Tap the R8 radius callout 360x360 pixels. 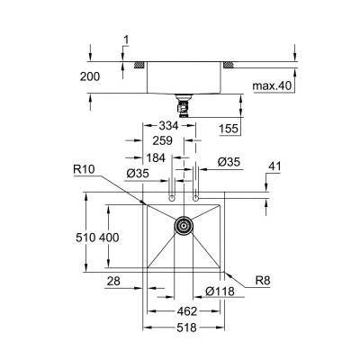(261, 282)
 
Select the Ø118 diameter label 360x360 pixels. (220, 291)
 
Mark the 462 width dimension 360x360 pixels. (184, 310)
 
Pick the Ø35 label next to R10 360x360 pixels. (136, 172)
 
